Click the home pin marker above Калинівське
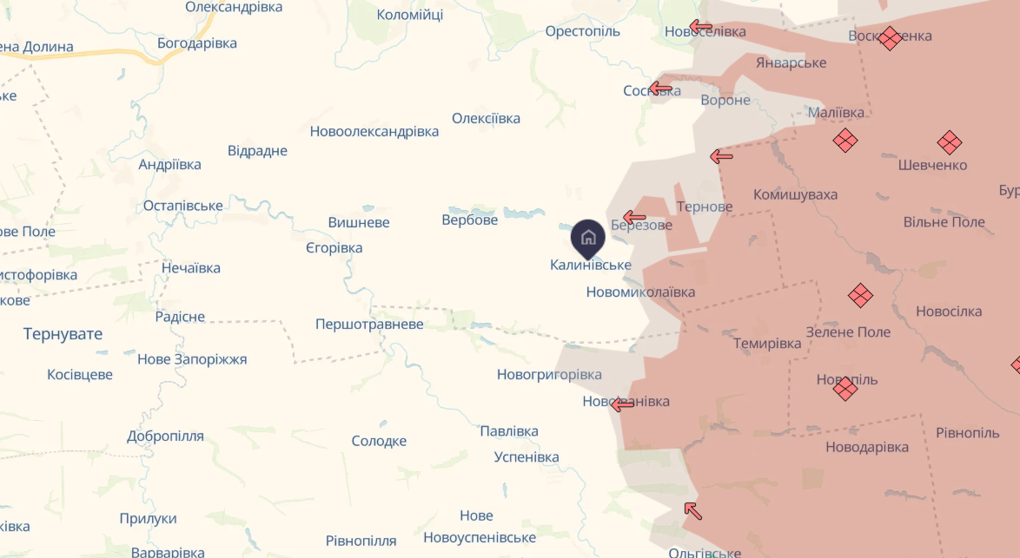(587, 237)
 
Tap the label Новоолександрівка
(374, 132)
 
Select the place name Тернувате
(63, 334)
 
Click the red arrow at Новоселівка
(700, 27)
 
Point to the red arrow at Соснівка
(660, 88)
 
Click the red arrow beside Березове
(634, 217)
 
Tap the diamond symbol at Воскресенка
(889, 38)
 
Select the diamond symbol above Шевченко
(949, 142)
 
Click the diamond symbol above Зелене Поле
(860, 296)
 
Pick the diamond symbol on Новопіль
(845, 388)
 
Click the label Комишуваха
(795, 194)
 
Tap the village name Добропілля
(165, 436)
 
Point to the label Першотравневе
(369, 325)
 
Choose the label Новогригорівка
(549, 375)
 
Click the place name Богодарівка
(197, 43)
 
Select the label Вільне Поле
(944, 222)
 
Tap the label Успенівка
(527, 457)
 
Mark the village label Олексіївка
(486, 119)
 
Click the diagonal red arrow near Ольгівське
(692, 510)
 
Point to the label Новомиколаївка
(640, 292)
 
